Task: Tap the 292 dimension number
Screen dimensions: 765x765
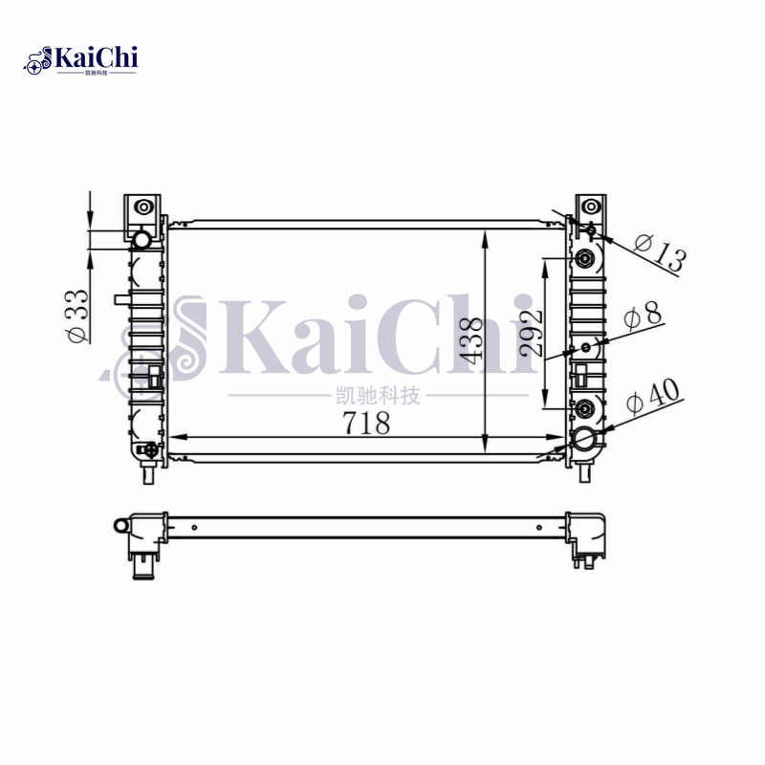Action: tap(533, 332)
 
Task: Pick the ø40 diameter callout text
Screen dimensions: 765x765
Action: tap(651, 397)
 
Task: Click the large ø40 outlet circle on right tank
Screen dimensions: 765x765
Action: tap(584, 439)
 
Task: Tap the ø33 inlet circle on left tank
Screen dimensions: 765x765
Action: tap(141, 239)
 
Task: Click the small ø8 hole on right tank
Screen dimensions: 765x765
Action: tap(585, 346)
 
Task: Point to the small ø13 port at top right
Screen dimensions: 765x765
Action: tap(591, 229)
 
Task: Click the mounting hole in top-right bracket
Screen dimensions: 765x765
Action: tap(591, 207)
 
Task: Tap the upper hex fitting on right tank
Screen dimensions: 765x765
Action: tap(585, 257)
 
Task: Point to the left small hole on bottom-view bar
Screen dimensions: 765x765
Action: tap(194, 526)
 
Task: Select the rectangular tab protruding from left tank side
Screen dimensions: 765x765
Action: tap(120, 299)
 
